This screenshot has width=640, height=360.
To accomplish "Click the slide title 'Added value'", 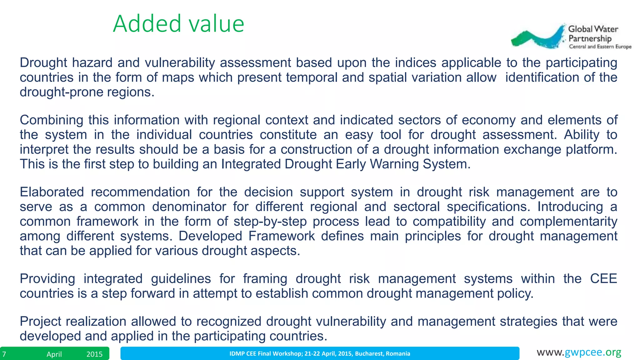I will point(178,24).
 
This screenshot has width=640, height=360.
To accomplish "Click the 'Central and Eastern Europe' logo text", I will point(600,47).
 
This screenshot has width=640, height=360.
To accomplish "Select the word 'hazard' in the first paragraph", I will point(92,63).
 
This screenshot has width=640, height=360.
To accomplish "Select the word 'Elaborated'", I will point(52,192).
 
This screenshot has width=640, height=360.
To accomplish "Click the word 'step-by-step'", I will point(270,222).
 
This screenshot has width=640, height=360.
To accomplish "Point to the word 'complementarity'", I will point(568,222).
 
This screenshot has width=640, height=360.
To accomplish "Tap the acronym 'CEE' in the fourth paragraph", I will point(603,279).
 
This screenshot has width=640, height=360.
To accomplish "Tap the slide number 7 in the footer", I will point(4,354).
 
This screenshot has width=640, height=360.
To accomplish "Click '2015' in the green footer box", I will point(94,354).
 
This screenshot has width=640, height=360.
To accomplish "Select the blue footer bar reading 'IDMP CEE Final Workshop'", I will point(320,353).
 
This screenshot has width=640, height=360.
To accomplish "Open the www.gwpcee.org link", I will point(579,352).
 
